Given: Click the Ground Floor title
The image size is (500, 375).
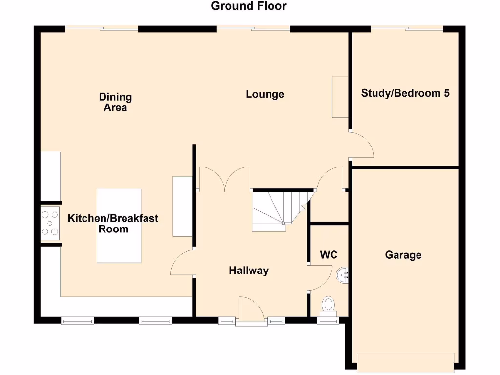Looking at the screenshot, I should point(249,6).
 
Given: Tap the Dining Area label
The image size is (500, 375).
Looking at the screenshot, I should point(115,102).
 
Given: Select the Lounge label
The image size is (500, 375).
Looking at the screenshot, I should point(265,94).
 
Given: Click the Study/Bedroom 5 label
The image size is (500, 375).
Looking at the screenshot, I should point(405,93).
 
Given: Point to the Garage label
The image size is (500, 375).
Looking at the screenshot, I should point(403,255).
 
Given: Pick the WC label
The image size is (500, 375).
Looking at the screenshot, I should point(329,255).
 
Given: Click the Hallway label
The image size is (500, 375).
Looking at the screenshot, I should point(249,271).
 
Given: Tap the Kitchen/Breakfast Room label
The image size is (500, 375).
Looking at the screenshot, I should point(113,223).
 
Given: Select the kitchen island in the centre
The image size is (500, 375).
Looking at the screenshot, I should point(119,226).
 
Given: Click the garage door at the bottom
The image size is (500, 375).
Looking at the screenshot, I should point(406,362).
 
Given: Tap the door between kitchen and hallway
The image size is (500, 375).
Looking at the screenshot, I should point(182,264).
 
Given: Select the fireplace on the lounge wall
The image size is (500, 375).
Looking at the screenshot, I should point(339,97).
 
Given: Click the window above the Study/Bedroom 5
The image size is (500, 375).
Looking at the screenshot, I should point(407,29).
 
